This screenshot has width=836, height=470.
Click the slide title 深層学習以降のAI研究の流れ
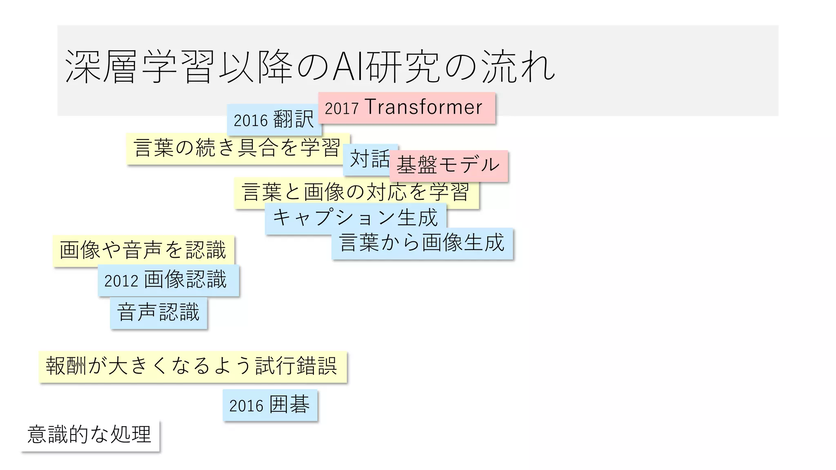[x=310, y=67]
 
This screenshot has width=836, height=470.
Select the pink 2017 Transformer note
[x=407, y=108]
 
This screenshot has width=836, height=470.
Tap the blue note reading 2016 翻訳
[x=273, y=120]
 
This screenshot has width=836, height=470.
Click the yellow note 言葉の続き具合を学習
[x=237, y=148]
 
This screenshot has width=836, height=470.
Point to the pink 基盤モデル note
[x=448, y=165]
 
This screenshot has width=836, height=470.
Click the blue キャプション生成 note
[x=355, y=217]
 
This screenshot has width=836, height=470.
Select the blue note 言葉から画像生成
[x=422, y=243]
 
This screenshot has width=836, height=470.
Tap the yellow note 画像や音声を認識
[x=143, y=251]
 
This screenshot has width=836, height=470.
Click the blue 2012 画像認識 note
[x=168, y=280]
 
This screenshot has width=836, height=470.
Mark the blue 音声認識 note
[x=158, y=313]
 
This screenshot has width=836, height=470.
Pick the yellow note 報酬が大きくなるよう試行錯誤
[x=192, y=366]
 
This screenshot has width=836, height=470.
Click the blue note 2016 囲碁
[x=270, y=405]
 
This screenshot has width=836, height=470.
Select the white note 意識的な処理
[x=90, y=435]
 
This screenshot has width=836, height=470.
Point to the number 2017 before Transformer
[x=342, y=109]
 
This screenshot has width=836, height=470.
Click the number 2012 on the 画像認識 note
[x=121, y=282]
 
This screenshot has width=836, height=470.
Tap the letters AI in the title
[x=348, y=67]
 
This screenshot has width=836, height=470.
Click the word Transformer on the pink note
[x=423, y=107]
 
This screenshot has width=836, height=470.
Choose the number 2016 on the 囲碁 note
[x=246, y=406]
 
